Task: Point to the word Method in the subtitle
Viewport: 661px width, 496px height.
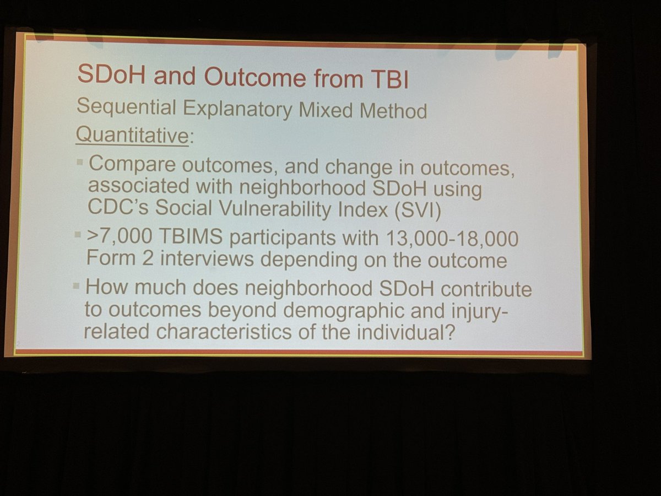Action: point(395,110)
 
